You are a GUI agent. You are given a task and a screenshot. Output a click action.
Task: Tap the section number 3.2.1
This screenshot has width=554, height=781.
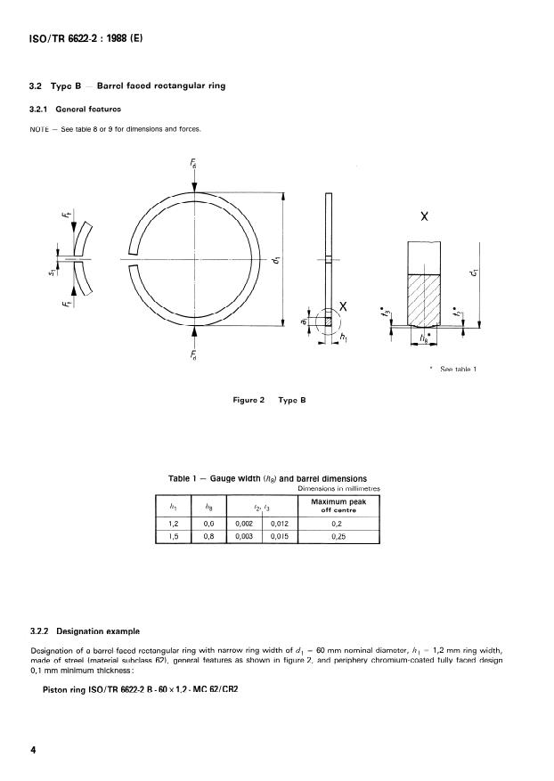click(x=42, y=109)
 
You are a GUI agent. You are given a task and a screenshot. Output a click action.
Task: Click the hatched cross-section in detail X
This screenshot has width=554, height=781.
click(x=425, y=299)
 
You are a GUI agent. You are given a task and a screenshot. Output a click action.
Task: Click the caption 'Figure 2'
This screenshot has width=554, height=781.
click(x=250, y=400)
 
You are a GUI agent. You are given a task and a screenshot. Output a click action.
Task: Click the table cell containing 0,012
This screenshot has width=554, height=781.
click(x=279, y=525)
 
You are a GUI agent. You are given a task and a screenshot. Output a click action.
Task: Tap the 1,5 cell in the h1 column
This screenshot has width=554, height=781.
click(x=173, y=538)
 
